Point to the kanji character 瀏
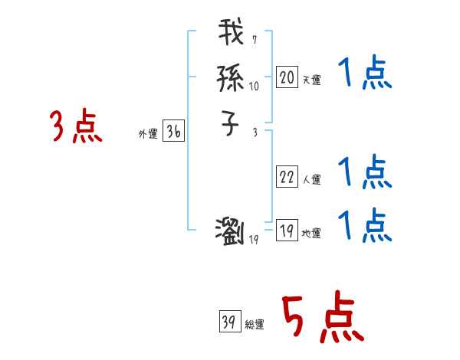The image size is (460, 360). [231, 230]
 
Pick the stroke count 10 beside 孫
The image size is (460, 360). [255, 87]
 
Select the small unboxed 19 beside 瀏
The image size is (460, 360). [255, 240]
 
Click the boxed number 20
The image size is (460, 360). [287, 77]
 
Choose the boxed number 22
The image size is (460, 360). [287, 177]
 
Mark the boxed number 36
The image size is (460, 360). [173, 132]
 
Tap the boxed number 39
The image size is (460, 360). [230, 321]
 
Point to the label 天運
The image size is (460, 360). [311, 80]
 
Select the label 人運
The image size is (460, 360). [311, 180]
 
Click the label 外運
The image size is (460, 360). [148, 134]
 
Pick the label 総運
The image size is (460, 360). [255, 325]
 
